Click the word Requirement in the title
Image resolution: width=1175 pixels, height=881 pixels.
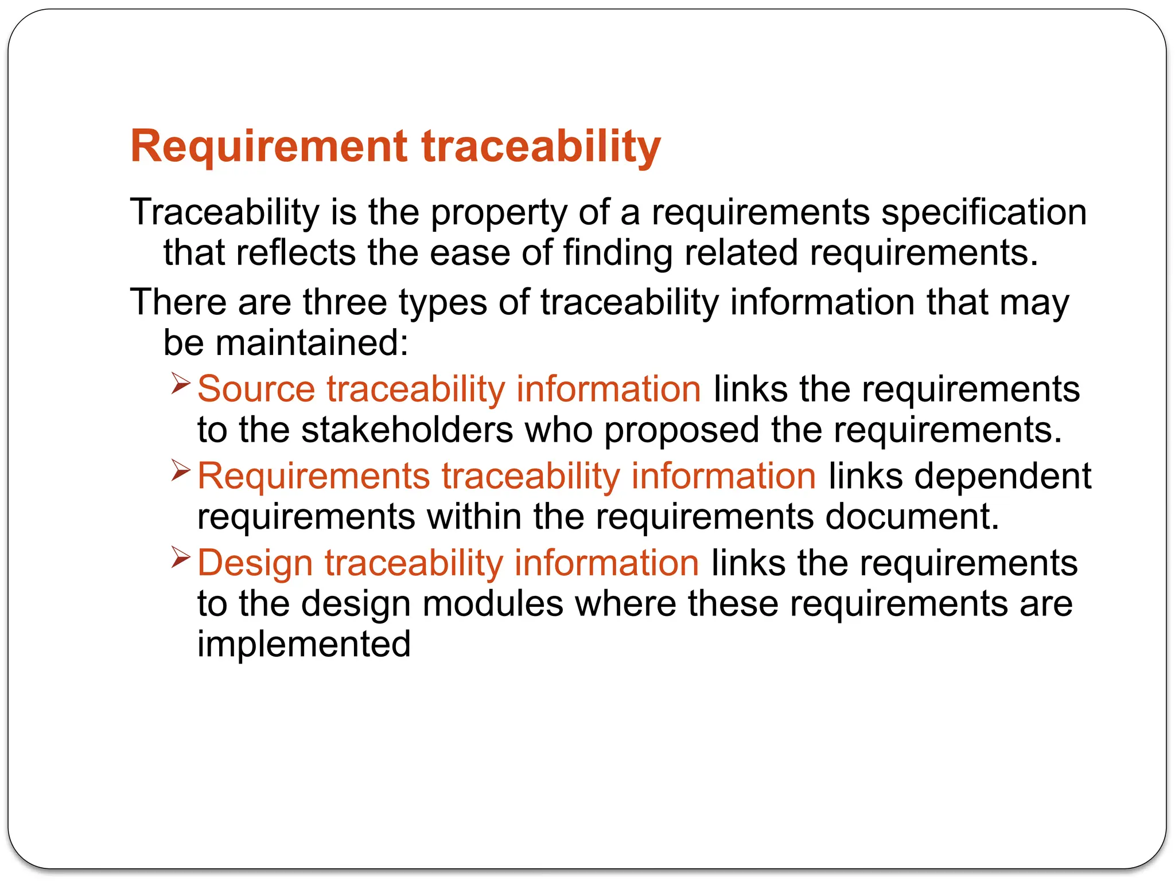pyautogui.click(x=269, y=147)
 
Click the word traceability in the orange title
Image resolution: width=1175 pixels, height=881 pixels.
pyautogui.click(x=541, y=147)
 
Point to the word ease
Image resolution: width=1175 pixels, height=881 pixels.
pyautogui.click(x=470, y=253)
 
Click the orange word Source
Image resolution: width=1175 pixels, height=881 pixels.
pyautogui.click(x=256, y=389)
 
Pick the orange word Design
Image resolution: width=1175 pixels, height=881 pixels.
pyautogui.click(x=255, y=563)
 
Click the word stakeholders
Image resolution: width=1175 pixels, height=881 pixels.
pyautogui.click(x=407, y=430)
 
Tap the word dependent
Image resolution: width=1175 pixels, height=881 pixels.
pyautogui.click(x=1002, y=476)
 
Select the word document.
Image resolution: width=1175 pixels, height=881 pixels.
pyautogui.click(x=912, y=517)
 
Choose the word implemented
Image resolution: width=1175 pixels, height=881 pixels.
pyautogui.click(x=304, y=645)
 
